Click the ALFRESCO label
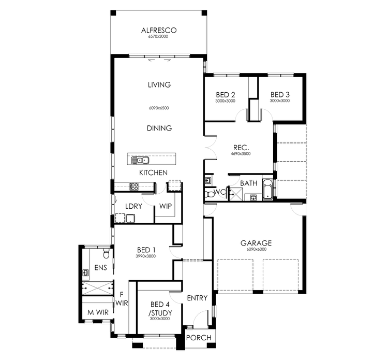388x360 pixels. click(159, 31)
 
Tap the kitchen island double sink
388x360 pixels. click(140, 160)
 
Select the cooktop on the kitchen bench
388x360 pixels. click(133, 187)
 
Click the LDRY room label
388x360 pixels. click(133, 206)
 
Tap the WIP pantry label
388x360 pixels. click(166, 206)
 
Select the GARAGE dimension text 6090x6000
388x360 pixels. click(256, 250)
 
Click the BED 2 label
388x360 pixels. click(226, 95)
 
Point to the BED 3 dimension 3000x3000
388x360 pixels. click(280, 101)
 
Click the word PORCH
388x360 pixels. click(199, 338)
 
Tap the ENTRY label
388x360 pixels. click(197, 298)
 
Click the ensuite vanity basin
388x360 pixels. click(86, 271)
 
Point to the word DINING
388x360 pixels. click(159, 128)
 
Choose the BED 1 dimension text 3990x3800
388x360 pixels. click(145, 256)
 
